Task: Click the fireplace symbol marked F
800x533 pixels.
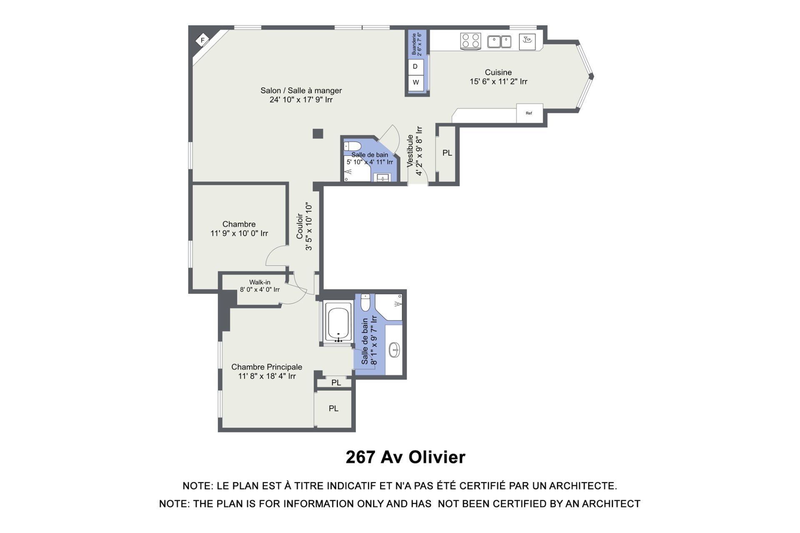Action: (x=202, y=40)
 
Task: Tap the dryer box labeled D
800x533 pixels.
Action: (x=415, y=67)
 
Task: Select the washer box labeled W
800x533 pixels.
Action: (x=415, y=82)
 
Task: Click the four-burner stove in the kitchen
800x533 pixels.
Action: (x=470, y=41)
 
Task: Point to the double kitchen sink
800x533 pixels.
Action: (x=499, y=42)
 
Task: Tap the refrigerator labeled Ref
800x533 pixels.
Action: (x=530, y=113)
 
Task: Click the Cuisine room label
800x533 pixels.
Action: (x=498, y=72)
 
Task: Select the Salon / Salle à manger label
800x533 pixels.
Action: (x=301, y=90)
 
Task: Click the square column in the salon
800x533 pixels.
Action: (x=318, y=134)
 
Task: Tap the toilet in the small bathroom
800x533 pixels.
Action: (x=352, y=146)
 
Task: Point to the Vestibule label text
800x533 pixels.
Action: (x=410, y=151)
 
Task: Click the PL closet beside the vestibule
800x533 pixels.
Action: (x=447, y=153)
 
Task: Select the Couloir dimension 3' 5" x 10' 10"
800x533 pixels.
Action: (x=309, y=227)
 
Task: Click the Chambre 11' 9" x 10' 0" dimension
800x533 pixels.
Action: (x=239, y=233)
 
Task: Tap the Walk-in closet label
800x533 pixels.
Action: (x=260, y=282)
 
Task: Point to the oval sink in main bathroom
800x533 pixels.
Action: (x=394, y=350)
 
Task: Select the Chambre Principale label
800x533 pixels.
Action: (x=267, y=367)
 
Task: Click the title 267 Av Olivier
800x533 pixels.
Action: (x=405, y=457)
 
